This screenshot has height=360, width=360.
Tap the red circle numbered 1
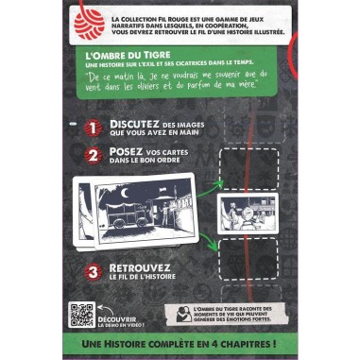(x=93, y=130)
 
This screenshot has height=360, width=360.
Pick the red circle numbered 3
(x=93, y=273)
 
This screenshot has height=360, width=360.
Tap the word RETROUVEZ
(x=143, y=268)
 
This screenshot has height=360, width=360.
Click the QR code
(x=83, y=317)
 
